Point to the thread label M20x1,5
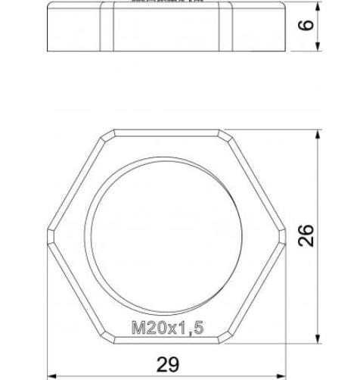pos(168,328)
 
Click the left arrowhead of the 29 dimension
pos(52,374)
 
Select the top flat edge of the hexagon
pos(168,129)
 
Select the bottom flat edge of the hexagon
pos(168,340)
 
